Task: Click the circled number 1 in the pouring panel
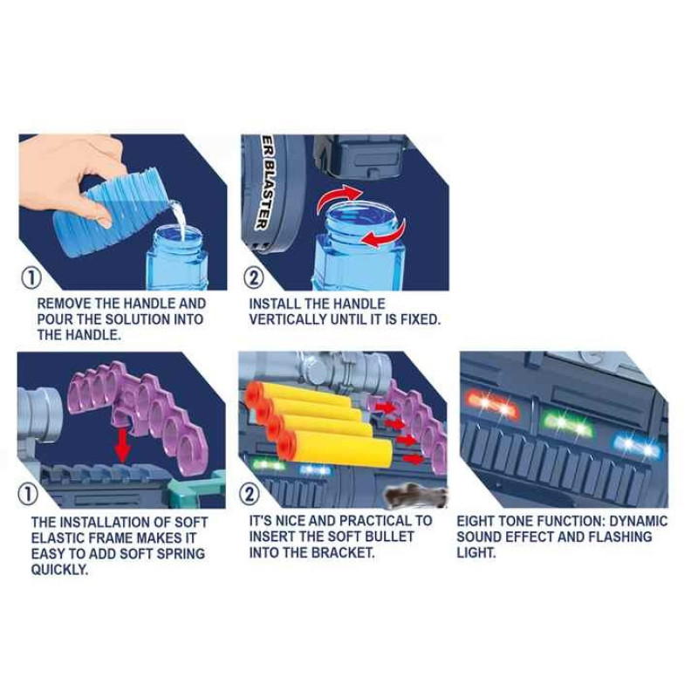tap(31, 277)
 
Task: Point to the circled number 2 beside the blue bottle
tap(253, 277)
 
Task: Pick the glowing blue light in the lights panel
tap(638, 446)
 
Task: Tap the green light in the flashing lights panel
tap(566, 425)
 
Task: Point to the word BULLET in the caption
tap(389, 537)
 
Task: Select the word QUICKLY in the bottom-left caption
tap(59, 570)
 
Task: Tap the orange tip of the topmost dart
tap(255, 392)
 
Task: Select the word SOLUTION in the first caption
tap(138, 319)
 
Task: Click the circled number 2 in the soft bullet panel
tap(250, 495)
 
